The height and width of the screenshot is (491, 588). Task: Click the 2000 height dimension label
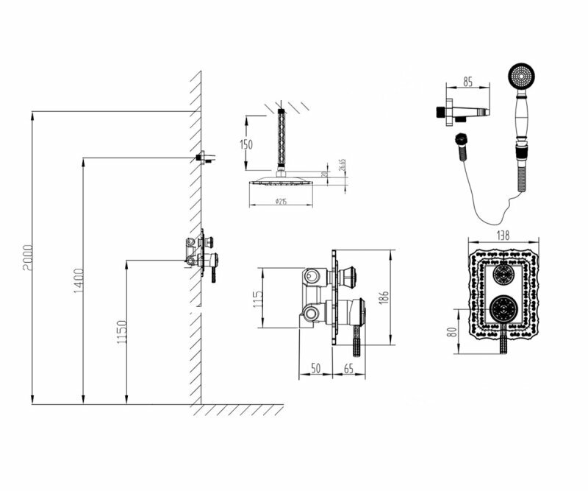(x=27, y=258)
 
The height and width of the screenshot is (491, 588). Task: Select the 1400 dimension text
(x=79, y=280)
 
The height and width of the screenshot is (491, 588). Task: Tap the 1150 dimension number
(x=123, y=332)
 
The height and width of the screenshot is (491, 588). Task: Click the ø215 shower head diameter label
(x=279, y=201)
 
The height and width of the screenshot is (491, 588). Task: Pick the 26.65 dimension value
(x=343, y=166)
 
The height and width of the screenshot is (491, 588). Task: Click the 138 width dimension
(x=503, y=234)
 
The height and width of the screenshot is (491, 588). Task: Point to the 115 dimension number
(x=257, y=299)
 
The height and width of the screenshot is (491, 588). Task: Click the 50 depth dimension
(x=316, y=367)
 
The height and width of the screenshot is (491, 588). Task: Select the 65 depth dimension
(x=348, y=367)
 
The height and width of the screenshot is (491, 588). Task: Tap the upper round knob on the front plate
(x=503, y=275)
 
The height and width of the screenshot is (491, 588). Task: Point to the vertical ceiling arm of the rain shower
(x=280, y=141)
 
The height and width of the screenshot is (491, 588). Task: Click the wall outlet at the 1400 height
(x=204, y=157)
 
